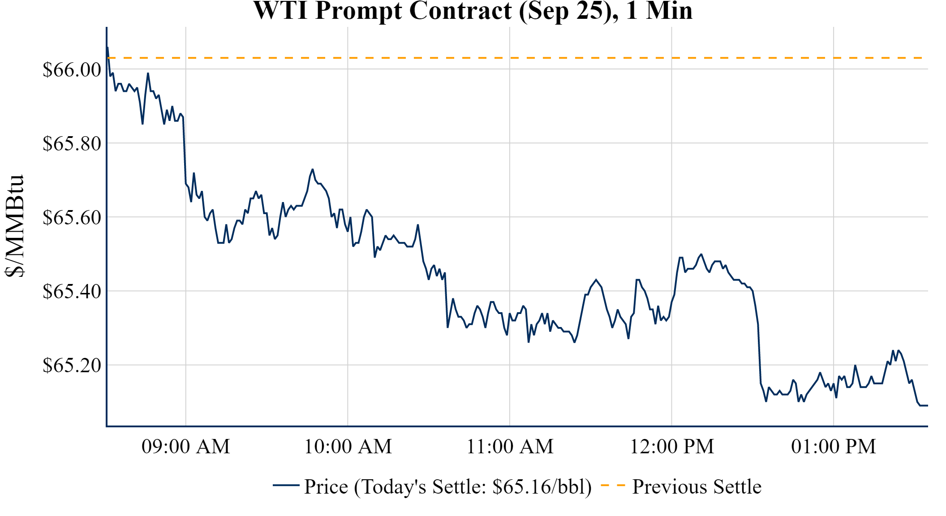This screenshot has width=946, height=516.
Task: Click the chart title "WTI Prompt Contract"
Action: click(x=383, y=11)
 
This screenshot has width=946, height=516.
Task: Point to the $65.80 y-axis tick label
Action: click(x=72, y=143)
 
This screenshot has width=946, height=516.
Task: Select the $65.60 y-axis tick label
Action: click(x=72, y=217)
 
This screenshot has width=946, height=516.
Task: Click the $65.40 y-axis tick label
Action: click(x=72, y=291)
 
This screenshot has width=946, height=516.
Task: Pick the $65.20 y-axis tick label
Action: click(x=72, y=365)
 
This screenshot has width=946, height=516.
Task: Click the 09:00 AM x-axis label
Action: click(x=186, y=447)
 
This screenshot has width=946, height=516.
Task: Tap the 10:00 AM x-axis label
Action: click(x=348, y=447)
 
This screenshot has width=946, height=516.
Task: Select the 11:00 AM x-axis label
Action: click(x=510, y=447)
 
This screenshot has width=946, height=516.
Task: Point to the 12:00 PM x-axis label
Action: click(x=672, y=447)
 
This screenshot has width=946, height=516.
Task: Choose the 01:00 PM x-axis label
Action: click(x=834, y=447)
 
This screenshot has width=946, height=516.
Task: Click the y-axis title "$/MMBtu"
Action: click(x=14, y=226)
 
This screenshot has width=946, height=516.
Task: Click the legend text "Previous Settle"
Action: click(x=697, y=487)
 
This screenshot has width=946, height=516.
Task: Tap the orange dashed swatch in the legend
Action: click(x=613, y=486)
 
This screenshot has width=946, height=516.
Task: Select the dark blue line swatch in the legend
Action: click(x=286, y=485)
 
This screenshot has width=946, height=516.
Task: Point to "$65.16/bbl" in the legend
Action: click(x=542, y=487)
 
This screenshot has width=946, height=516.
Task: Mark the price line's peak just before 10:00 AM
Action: click(x=313, y=169)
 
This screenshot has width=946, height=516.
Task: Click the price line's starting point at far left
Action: click(x=107, y=47)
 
